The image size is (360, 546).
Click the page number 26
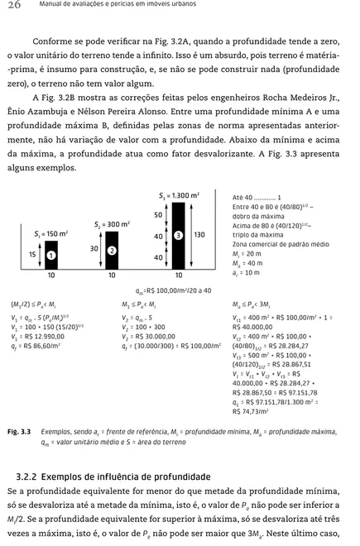[x=14, y=6]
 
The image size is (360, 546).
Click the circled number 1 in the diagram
[x=50, y=256]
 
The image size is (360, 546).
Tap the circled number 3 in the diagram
[x=177, y=235]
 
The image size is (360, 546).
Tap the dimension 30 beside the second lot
[x=94, y=248]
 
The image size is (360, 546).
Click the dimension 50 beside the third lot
[x=158, y=214]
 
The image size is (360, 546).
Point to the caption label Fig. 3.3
[x=19, y=432]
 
